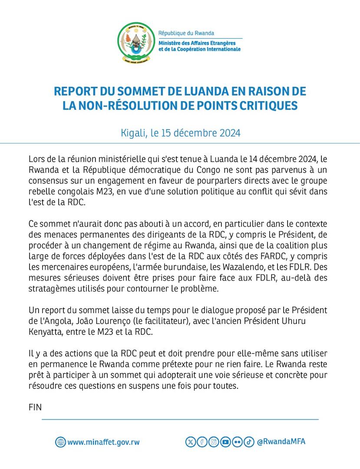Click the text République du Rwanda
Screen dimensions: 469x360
click(186, 33)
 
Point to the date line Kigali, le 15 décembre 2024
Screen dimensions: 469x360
click(180, 132)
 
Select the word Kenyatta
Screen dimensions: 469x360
click(47, 332)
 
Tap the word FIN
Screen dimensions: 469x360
click(35, 407)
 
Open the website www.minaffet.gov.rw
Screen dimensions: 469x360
click(104, 443)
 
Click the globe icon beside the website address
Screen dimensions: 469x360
click(60, 442)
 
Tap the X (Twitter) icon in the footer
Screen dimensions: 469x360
click(191, 442)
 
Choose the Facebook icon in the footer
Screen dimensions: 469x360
click(202, 442)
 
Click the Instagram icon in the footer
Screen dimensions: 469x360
click(214, 442)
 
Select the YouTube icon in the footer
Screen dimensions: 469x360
click(225, 442)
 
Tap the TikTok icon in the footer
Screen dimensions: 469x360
click(248, 442)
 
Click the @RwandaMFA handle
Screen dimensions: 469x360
click(281, 442)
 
